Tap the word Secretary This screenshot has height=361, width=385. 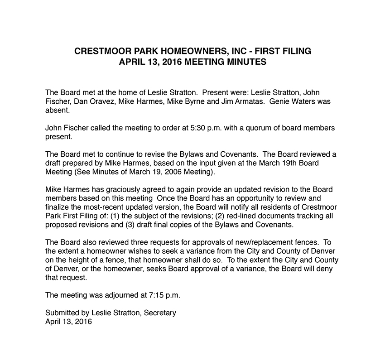pyautogui.click(x=160, y=313)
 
